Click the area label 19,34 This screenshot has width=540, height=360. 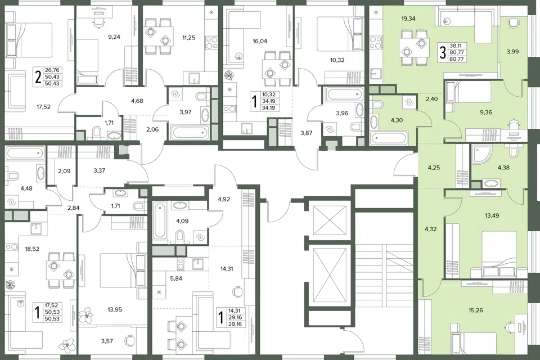pos(408,19)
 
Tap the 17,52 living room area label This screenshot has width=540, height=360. pos(44,107)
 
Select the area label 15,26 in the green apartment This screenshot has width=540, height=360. pos(476,310)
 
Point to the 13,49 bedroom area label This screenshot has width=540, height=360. pos(492,215)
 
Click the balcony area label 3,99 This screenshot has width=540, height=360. pos(512,52)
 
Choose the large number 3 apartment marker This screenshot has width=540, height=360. pos(443,53)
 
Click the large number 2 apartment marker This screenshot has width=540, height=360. pos(39,77)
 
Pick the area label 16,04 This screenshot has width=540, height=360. pos(260,41)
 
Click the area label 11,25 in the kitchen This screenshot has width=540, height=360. pos(189,38)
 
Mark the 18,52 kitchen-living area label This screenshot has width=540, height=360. pos(32,249)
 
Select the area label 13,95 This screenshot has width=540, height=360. pos(115,309)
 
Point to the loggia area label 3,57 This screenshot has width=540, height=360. pos(107,341)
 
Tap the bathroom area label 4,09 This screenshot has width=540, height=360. pos(182,221)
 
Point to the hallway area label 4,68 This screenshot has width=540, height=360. pos(137,101)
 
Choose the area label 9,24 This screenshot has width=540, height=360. pos(114,37)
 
